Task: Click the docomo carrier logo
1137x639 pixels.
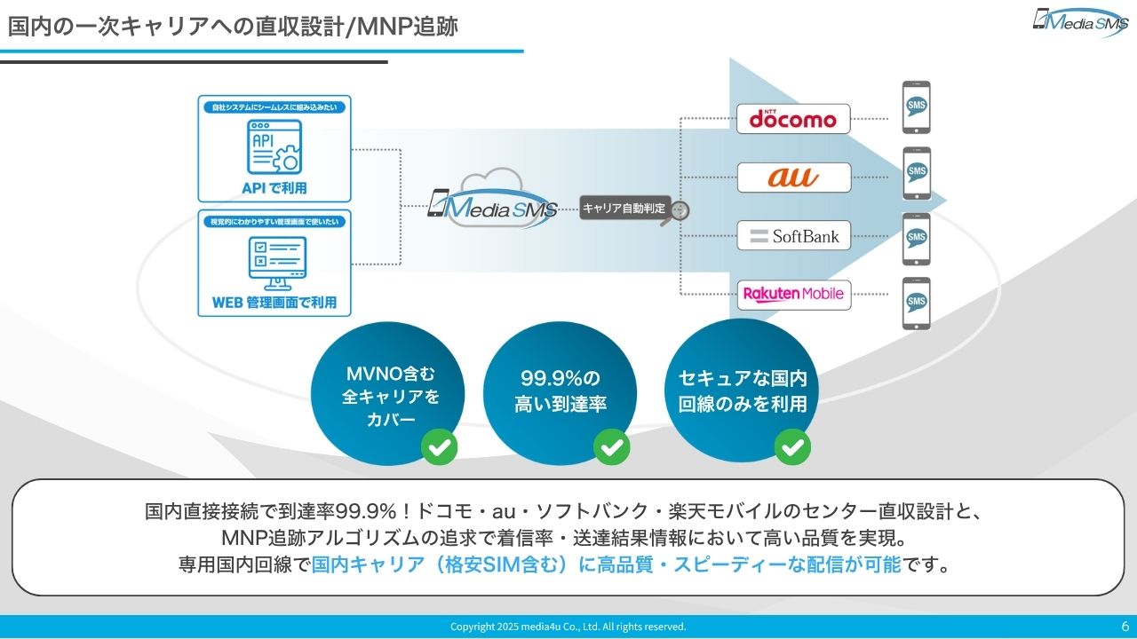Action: (793, 119)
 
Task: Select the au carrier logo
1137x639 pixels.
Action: (793, 177)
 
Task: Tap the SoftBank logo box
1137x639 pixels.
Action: (793, 236)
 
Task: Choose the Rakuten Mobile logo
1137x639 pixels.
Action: (793, 294)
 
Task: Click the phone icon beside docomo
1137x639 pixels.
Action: (917, 107)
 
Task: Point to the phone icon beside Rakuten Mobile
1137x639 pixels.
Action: (917, 304)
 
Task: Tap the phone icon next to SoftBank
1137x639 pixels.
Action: (917, 239)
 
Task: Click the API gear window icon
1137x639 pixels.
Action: (274, 148)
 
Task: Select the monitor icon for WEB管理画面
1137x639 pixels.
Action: (274, 261)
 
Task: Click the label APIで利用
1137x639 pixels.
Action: (274, 188)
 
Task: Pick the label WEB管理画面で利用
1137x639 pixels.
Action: (274, 303)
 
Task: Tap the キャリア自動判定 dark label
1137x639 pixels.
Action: (623, 209)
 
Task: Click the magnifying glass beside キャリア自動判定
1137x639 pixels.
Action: (680, 212)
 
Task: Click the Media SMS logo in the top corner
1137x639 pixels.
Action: (1079, 21)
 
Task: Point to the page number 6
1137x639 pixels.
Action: (1125, 626)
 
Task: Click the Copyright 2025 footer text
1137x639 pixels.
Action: (568, 627)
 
